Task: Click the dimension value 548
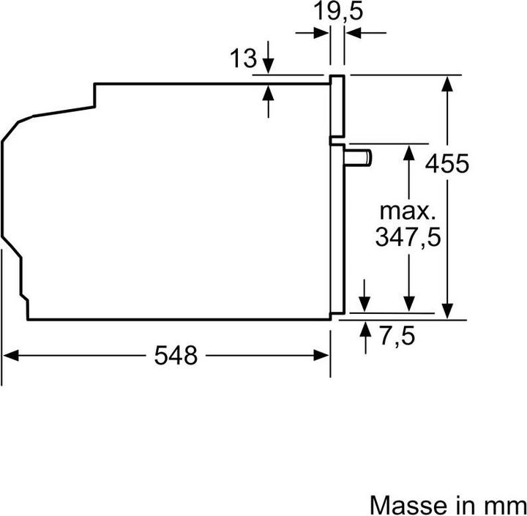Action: (x=176, y=356)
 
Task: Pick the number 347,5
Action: (x=408, y=238)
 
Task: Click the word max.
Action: (x=407, y=212)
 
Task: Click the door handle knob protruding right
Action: (x=361, y=157)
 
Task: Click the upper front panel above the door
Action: (x=337, y=106)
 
